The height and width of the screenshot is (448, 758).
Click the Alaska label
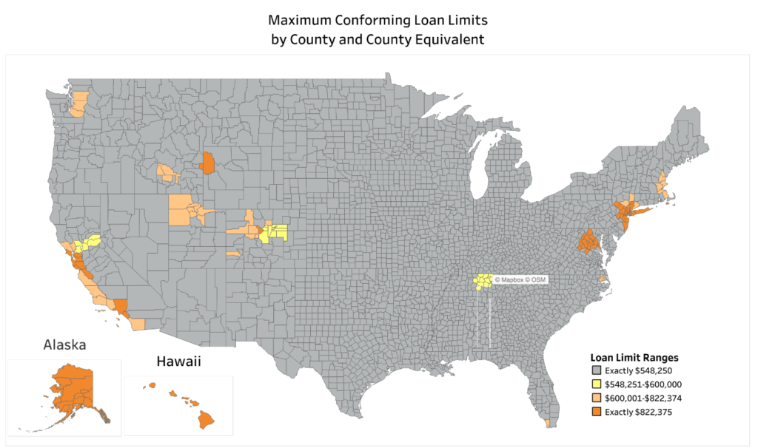click(64, 345)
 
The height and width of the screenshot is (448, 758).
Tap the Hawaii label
click(178, 362)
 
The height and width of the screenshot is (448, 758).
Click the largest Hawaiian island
click(206, 420)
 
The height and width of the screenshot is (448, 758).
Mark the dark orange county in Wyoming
click(208, 163)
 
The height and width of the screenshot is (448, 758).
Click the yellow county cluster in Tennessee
click(483, 281)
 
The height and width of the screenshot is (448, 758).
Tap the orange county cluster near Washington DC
click(589, 241)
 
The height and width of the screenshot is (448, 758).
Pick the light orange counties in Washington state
click(77, 104)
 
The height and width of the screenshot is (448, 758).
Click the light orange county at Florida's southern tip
click(547, 424)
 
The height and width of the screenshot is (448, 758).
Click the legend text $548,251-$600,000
click(642, 384)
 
